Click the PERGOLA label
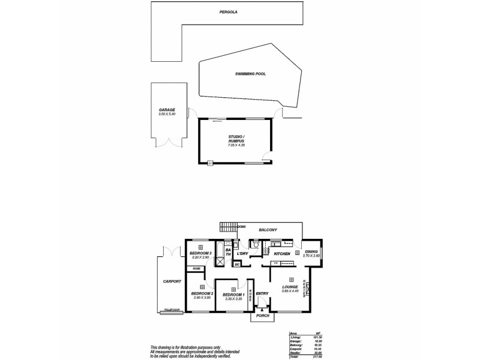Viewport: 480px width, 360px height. coord(226,11)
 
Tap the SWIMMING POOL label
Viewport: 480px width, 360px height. coord(250,74)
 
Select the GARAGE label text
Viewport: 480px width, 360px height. coord(167,110)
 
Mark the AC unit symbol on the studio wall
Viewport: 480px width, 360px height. coord(211,163)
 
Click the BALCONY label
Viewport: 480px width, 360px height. coord(268,230)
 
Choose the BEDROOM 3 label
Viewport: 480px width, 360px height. coord(200,254)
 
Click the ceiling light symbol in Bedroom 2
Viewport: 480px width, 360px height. coord(202,287)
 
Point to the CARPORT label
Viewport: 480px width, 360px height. coord(172,281)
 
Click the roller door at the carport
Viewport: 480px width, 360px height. coord(172,310)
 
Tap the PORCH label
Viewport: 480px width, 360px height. coord(262,315)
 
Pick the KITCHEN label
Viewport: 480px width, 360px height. coord(282,254)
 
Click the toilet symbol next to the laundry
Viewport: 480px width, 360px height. coord(256,245)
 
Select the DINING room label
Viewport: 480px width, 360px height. coord(311,252)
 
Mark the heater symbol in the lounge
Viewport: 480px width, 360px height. coord(307,291)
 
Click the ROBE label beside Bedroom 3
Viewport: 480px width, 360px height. coord(196,269)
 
